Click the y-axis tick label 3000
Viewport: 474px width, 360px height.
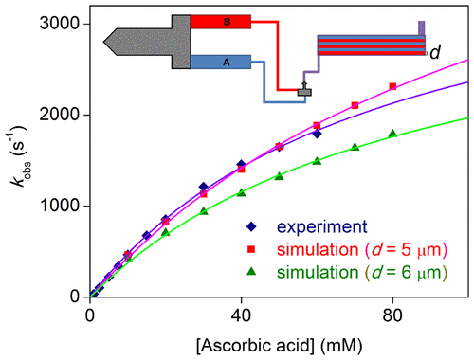64,24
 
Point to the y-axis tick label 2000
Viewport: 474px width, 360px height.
64,115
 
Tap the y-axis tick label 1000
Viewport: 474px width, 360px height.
64,206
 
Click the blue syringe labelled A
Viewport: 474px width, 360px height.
221,62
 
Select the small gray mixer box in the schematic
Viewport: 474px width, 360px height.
303,92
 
